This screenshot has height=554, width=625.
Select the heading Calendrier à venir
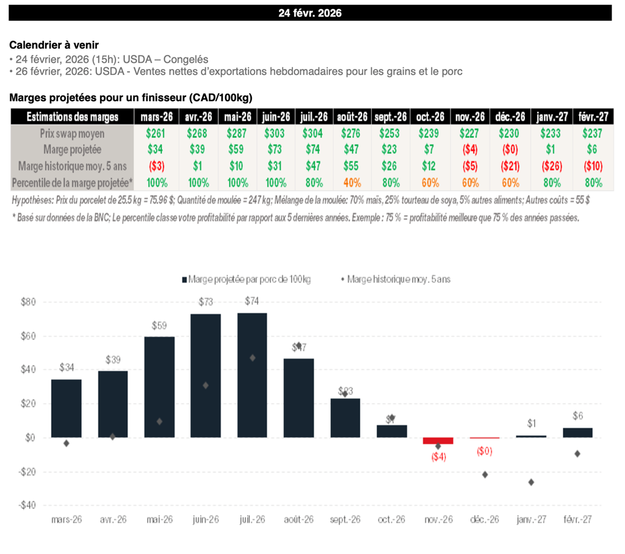[54, 45]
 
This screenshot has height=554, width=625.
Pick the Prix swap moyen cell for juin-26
[276, 133]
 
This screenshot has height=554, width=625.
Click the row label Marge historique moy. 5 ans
[73, 166]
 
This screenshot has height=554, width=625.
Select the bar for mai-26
[159, 387]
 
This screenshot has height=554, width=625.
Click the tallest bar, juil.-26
[252, 375]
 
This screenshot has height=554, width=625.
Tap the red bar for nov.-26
[438, 441]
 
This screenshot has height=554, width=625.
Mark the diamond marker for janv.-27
[531, 482]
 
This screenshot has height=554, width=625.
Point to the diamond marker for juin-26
[206, 385]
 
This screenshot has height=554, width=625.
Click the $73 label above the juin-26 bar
[206, 302]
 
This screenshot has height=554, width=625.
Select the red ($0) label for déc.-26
[485, 451]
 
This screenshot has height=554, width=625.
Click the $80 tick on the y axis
[29, 302]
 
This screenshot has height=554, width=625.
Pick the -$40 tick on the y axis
[27, 506]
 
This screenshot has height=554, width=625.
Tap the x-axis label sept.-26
[345, 520]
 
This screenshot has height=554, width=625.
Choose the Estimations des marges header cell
[73, 117]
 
